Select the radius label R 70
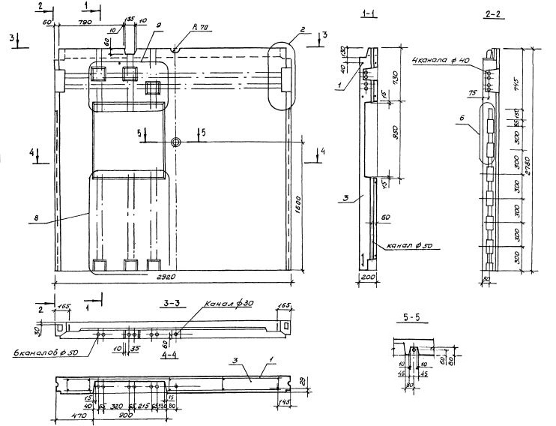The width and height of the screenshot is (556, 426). [x=200, y=28]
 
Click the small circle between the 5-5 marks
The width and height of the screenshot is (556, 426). [x=175, y=142]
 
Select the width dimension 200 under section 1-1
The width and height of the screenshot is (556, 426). [x=366, y=277]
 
